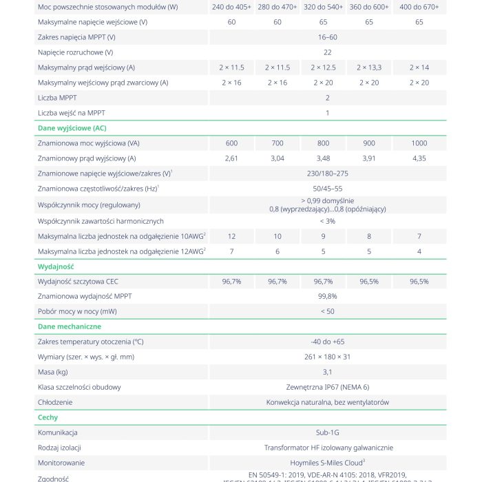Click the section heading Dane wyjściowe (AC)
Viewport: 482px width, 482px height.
pyautogui.click(x=72, y=128)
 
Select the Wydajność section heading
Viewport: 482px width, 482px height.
pyautogui.click(x=55, y=266)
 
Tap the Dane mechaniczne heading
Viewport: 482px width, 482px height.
pyautogui.click(x=69, y=326)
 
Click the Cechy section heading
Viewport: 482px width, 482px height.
pyautogui.click(x=48, y=417)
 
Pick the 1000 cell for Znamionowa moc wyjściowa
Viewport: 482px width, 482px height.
pyautogui.click(x=419, y=143)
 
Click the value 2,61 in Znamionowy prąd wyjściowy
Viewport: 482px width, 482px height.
pyautogui.click(x=231, y=158)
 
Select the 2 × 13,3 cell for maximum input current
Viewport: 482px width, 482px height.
pyautogui.click(x=369, y=67)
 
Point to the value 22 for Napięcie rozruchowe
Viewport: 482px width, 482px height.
pyautogui.click(x=328, y=52)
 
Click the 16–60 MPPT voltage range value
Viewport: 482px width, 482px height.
pyautogui.click(x=328, y=37)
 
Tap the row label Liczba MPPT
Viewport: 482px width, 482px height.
pyautogui.click(x=57, y=98)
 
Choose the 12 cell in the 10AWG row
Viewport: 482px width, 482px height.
pyautogui.click(x=231, y=236)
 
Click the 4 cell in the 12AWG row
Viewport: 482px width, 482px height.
pyautogui.click(x=419, y=251)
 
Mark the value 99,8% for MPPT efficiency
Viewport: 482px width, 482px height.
pyautogui.click(x=328, y=296)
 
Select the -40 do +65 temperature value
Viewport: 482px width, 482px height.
pyautogui.click(x=328, y=342)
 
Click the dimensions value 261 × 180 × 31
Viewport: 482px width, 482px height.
pyautogui.click(x=328, y=357)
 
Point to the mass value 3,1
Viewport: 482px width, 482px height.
pyautogui.click(x=328, y=372)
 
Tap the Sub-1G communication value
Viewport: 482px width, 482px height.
pyautogui.click(x=328, y=432)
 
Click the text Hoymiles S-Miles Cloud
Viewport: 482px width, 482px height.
pyautogui.click(x=326, y=463)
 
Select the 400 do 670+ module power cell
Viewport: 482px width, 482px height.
pyautogui.click(x=419, y=7)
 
